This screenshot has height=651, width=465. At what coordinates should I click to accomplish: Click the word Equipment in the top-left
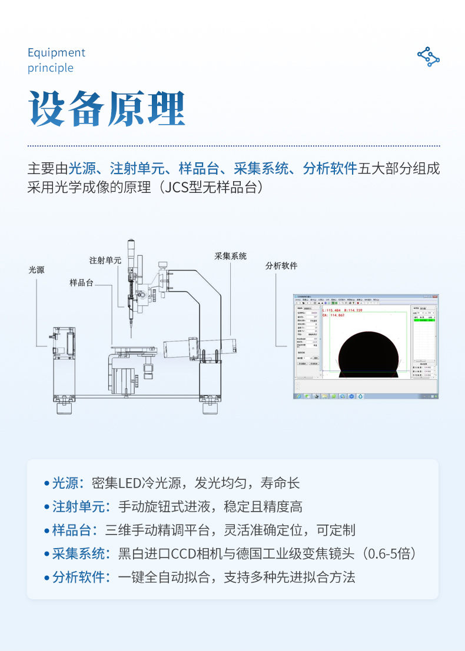point(57,53)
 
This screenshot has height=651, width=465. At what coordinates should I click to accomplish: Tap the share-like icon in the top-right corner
point(429,56)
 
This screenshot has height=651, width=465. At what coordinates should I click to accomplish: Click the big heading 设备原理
point(107,110)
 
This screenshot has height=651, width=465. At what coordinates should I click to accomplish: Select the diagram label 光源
point(36,270)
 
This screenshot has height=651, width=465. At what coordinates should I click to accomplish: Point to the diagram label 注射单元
point(105,260)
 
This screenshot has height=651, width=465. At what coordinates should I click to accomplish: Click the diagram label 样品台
point(81,283)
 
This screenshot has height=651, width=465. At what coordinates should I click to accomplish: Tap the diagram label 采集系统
point(231,256)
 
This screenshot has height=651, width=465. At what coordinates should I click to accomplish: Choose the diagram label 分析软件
point(281,266)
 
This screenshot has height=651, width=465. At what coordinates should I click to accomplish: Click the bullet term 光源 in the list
point(65,484)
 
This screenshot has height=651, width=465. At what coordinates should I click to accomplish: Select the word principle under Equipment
point(51,68)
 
